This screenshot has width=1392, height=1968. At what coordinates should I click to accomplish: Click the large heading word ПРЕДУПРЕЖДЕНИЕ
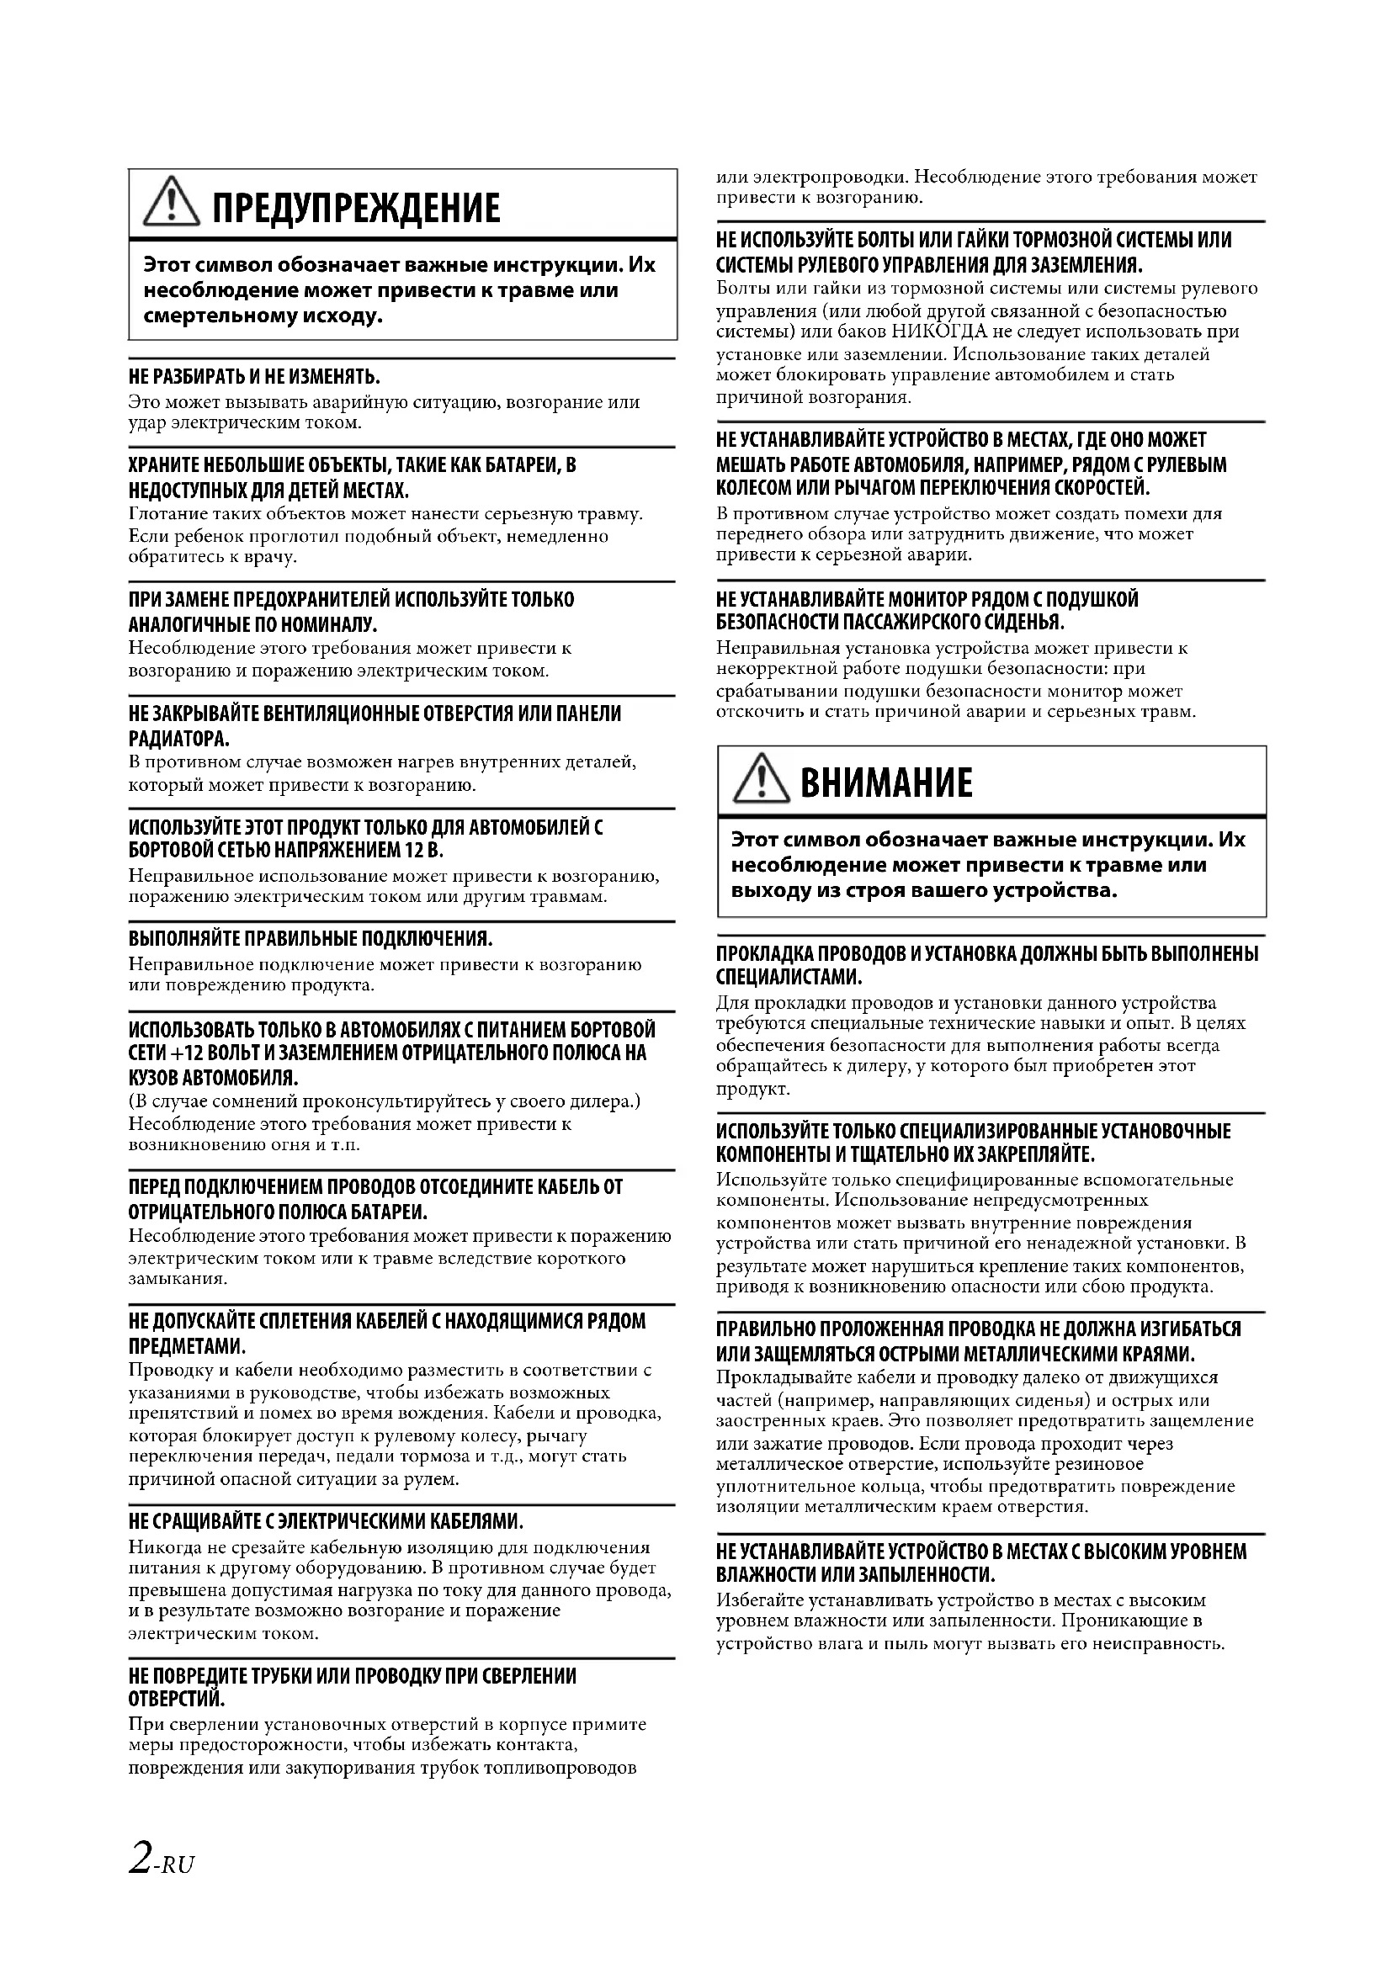pos(356,210)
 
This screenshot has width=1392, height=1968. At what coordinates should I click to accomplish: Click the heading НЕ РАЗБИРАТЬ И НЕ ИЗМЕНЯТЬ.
pos(253,377)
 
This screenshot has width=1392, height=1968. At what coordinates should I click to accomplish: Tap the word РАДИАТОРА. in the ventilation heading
pos(178,738)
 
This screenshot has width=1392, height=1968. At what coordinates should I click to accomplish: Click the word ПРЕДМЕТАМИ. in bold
pos(187,1345)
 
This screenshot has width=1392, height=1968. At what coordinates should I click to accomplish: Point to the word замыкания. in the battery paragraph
pos(178,1279)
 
